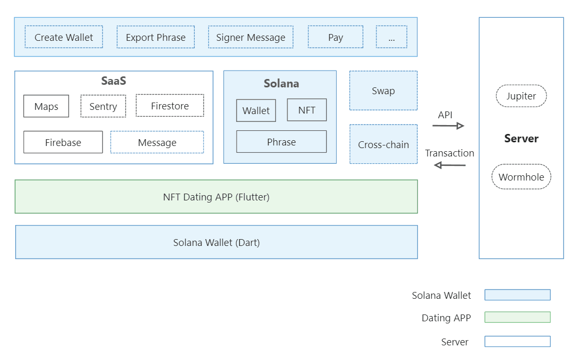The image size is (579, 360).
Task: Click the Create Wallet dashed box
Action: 64,37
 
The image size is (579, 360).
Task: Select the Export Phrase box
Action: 155,37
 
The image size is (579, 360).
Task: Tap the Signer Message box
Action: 251,37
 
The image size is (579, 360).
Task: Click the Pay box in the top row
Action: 336,37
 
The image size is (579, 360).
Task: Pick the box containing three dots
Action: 391,37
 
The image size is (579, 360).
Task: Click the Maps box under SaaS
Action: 46,106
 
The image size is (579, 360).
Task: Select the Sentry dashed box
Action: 103,106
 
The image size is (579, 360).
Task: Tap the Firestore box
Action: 170,106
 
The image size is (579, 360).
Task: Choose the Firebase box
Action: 63,142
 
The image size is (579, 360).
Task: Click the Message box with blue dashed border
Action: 157,142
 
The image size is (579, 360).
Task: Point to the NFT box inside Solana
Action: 307,110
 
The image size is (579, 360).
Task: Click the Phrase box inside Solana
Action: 281,142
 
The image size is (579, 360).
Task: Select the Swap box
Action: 383,91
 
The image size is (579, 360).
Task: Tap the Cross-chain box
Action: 383,144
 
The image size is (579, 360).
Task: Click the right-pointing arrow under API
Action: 449,126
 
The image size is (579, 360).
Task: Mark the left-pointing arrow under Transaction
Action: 450,165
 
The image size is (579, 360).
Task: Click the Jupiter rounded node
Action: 521,96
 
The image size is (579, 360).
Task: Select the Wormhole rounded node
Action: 521,177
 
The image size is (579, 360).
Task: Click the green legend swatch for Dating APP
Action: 517,317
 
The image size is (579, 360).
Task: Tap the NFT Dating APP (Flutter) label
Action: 216,197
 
